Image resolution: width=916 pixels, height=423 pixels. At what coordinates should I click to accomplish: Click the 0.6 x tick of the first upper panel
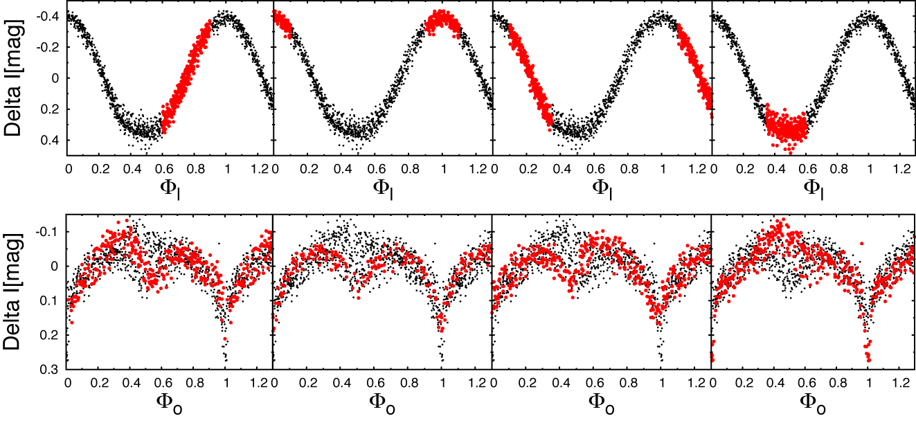(x=165, y=168)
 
